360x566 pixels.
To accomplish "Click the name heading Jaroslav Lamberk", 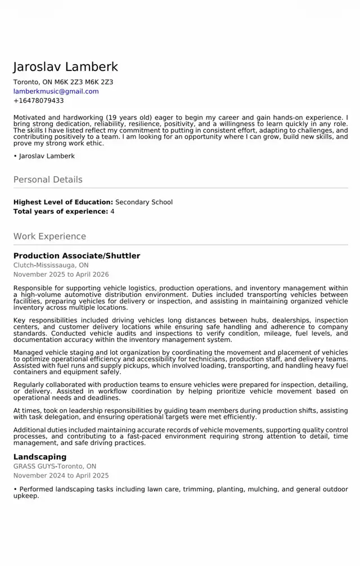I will (65, 67).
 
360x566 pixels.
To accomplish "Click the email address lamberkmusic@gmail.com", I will (56, 91).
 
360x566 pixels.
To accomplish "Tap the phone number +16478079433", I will (38, 101).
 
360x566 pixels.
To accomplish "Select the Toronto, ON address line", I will (63, 82).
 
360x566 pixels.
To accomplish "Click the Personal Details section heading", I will (48, 179).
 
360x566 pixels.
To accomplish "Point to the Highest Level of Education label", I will (63, 202).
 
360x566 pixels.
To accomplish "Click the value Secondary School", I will (144, 202).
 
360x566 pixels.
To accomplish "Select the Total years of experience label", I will (60, 212).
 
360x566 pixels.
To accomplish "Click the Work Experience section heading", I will (49, 236).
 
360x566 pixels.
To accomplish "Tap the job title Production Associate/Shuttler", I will (76, 256).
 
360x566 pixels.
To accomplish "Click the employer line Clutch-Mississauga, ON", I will (51, 265).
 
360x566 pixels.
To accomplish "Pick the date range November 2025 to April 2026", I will (61, 275).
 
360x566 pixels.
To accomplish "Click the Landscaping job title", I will (40, 457).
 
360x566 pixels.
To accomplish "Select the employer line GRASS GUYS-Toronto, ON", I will (55, 466).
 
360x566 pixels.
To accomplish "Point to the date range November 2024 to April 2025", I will (61, 475).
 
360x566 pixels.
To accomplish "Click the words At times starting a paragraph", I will (26, 411).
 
